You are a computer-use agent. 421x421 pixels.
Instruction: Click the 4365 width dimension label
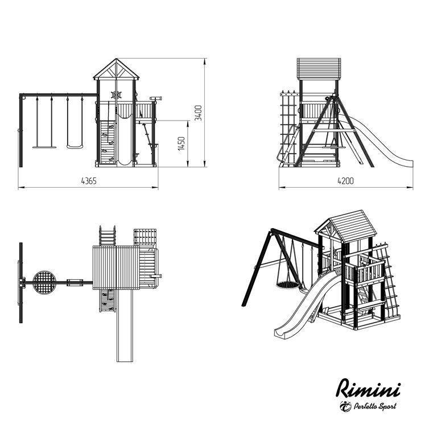click(x=89, y=181)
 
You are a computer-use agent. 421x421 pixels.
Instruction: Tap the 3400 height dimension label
click(x=198, y=113)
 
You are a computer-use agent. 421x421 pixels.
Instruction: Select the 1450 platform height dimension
click(x=181, y=143)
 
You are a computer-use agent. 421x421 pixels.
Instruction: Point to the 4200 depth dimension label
click(x=345, y=181)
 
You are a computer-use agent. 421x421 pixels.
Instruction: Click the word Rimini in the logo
click(x=369, y=388)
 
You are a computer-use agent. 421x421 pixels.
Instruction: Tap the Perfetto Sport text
click(x=375, y=406)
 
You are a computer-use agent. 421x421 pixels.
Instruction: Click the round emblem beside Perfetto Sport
click(x=345, y=406)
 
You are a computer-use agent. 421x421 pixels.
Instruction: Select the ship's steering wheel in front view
click(x=117, y=95)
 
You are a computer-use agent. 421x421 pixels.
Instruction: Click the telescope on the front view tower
click(x=156, y=98)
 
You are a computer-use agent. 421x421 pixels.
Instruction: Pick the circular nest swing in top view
click(x=45, y=282)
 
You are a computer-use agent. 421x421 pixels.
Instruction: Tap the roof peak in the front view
click(x=116, y=59)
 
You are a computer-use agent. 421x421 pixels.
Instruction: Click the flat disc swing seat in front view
click(x=44, y=147)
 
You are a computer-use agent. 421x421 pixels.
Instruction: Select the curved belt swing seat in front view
click(x=75, y=147)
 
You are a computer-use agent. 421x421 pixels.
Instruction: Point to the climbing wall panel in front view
click(x=108, y=142)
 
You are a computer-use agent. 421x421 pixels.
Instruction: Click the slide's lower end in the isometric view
click(x=282, y=332)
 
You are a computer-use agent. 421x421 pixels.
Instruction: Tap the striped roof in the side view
click(x=319, y=69)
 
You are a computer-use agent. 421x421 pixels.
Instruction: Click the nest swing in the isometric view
click(x=287, y=284)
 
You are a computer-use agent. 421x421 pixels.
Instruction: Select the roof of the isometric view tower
click(x=346, y=225)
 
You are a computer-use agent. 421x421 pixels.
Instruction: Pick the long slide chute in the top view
click(x=125, y=325)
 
